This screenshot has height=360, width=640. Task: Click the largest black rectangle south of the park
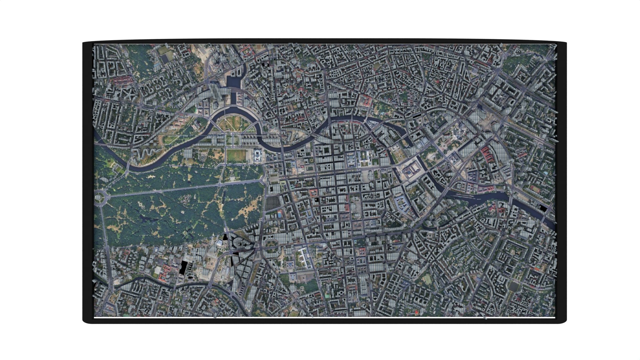(x=183, y=267)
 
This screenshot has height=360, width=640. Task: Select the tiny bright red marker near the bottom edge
(x=416, y=312)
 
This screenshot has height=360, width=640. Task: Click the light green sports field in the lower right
(x=427, y=279)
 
